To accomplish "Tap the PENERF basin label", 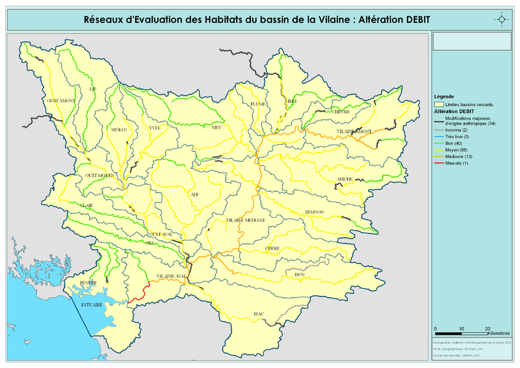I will pyautogui.click(x=88, y=283).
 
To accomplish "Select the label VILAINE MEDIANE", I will pyautogui.click(x=246, y=220).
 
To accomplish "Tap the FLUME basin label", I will pyautogui.click(x=258, y=103).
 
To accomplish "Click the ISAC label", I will pyautogui.click(x=259, y=314).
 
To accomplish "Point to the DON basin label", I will pyautogui.click(x=299, y=275).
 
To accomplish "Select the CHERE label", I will pyautogui.click(x=272, y=248).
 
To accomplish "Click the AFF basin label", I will pyautogui.click(x=194, y=194).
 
